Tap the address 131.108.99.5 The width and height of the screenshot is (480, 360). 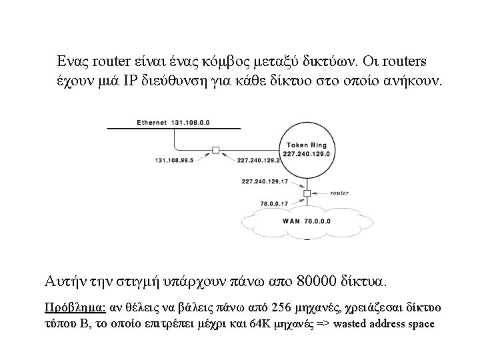point(175,161)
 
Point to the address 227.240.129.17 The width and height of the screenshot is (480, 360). point(265,181)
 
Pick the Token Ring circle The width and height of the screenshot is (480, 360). point(307,149)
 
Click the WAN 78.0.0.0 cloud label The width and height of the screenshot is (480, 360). point(306,220)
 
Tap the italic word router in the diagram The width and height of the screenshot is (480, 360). point(339,193)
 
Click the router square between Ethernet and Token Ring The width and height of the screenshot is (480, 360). point(215,150)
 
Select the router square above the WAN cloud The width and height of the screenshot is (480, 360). point(307,193)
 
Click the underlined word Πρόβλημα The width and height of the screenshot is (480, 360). point(73,308)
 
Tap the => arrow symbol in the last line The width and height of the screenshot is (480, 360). point(322,325)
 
